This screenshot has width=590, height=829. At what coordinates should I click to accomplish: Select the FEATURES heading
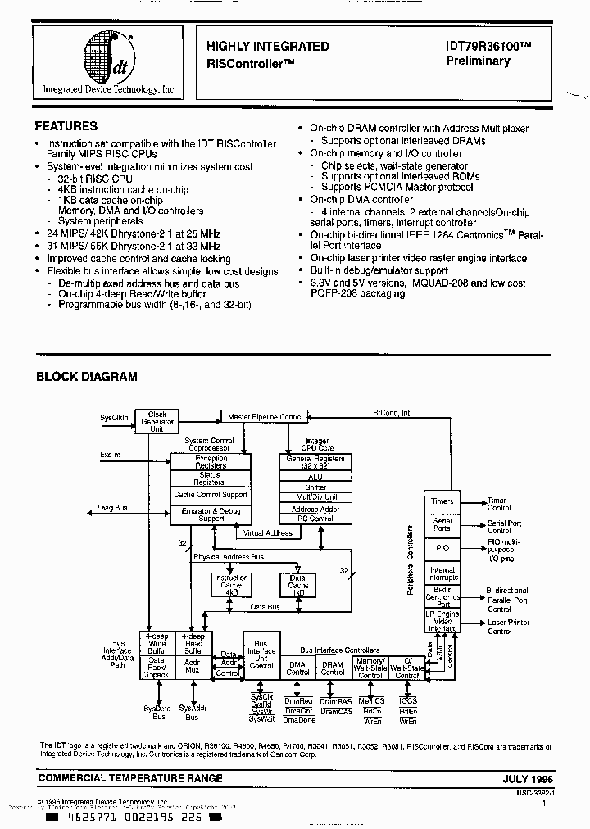[x=66, y=126]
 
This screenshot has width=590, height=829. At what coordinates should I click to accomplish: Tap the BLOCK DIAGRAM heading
[x=86, y=377]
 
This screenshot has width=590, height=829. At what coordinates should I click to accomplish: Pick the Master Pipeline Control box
[x=265, y=417]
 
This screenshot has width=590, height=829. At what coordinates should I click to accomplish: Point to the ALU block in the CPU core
[x=315, y=477]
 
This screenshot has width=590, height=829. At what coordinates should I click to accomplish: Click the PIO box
[x=442, y=548]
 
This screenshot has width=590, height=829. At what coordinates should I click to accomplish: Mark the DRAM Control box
[x=332, y=668]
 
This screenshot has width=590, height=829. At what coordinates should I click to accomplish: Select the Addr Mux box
[x=193, y=666]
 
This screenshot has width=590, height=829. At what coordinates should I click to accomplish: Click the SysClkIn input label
[x=114, y=416]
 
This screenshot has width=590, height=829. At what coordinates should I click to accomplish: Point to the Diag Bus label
[x=113, y=509]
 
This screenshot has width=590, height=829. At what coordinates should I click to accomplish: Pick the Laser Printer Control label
[x=509, y=627]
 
